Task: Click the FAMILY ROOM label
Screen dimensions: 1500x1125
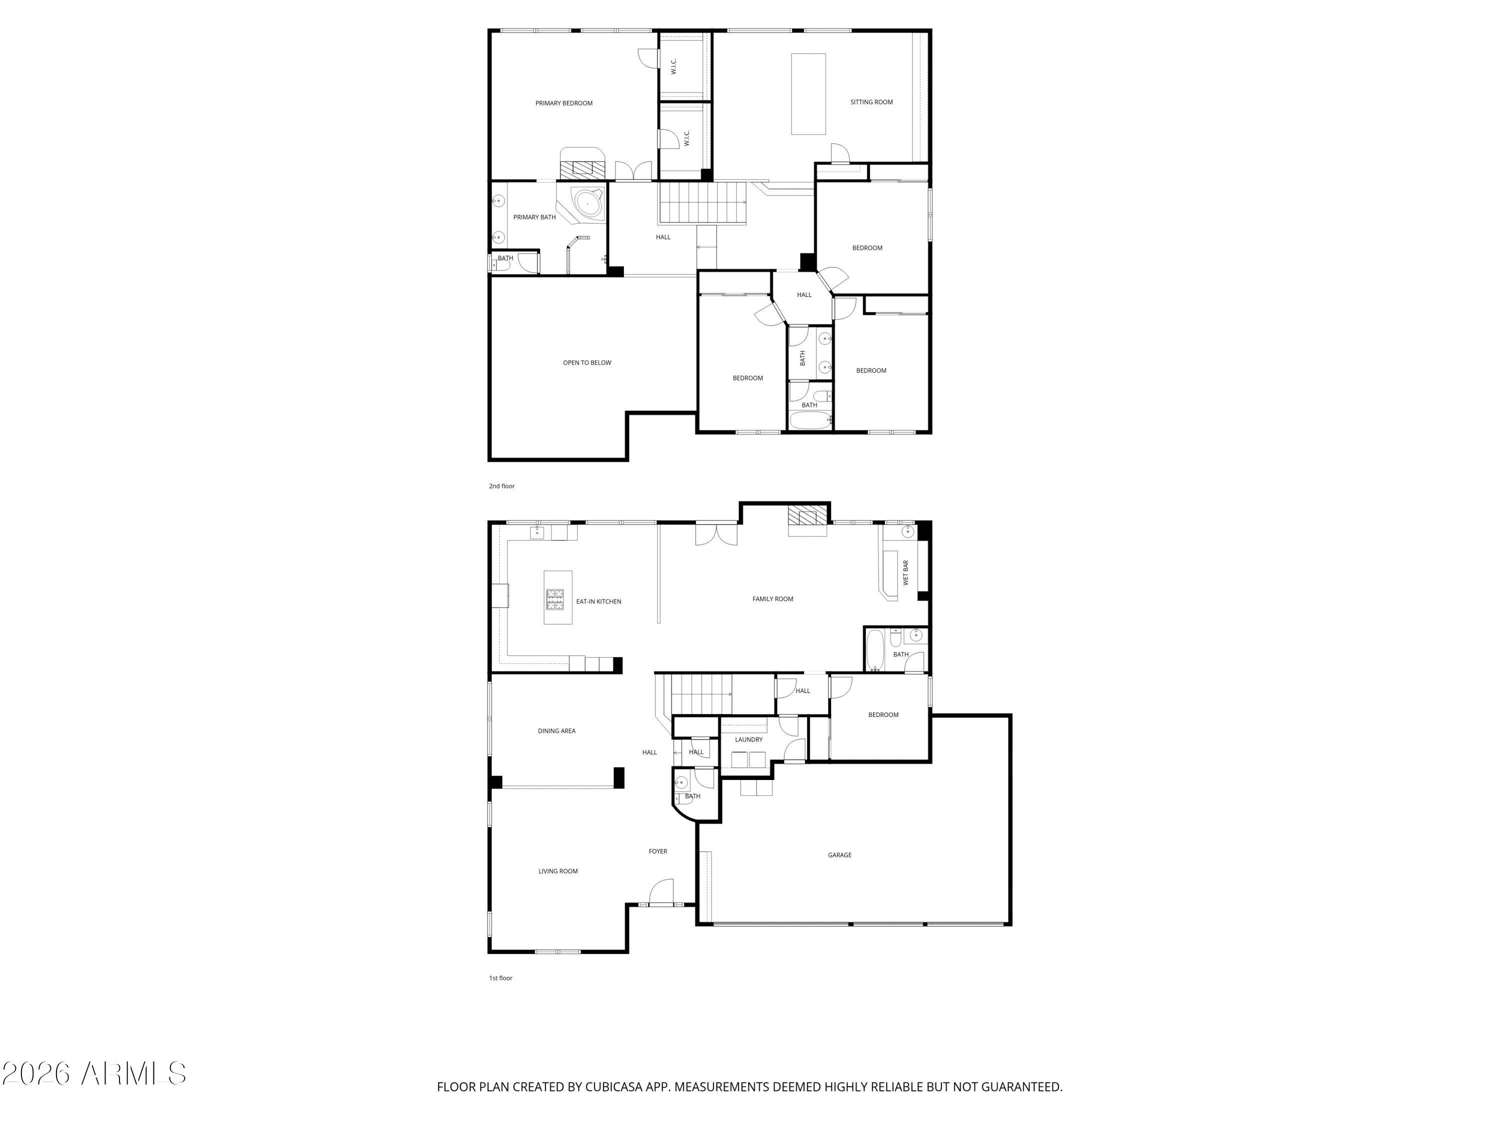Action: [x=772, y=599]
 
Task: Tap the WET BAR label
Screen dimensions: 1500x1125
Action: [x=905, y=573]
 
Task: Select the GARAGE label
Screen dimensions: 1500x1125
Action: [x=839, y=855]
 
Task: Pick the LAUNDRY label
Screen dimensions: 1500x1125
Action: [x=748, y=740]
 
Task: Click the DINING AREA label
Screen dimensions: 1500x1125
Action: [x=556, y=731]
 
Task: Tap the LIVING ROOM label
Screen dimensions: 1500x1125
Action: [x=558, y=871]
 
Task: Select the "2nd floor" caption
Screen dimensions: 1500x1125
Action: [x=502, y=486]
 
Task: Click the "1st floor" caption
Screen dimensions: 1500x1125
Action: [x=501, y=978]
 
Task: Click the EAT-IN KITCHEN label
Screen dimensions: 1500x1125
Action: [x=599, y=601]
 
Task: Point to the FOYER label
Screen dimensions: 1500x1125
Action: [x=658, y=851]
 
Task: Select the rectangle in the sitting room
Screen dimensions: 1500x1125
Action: [x=808, y=94]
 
